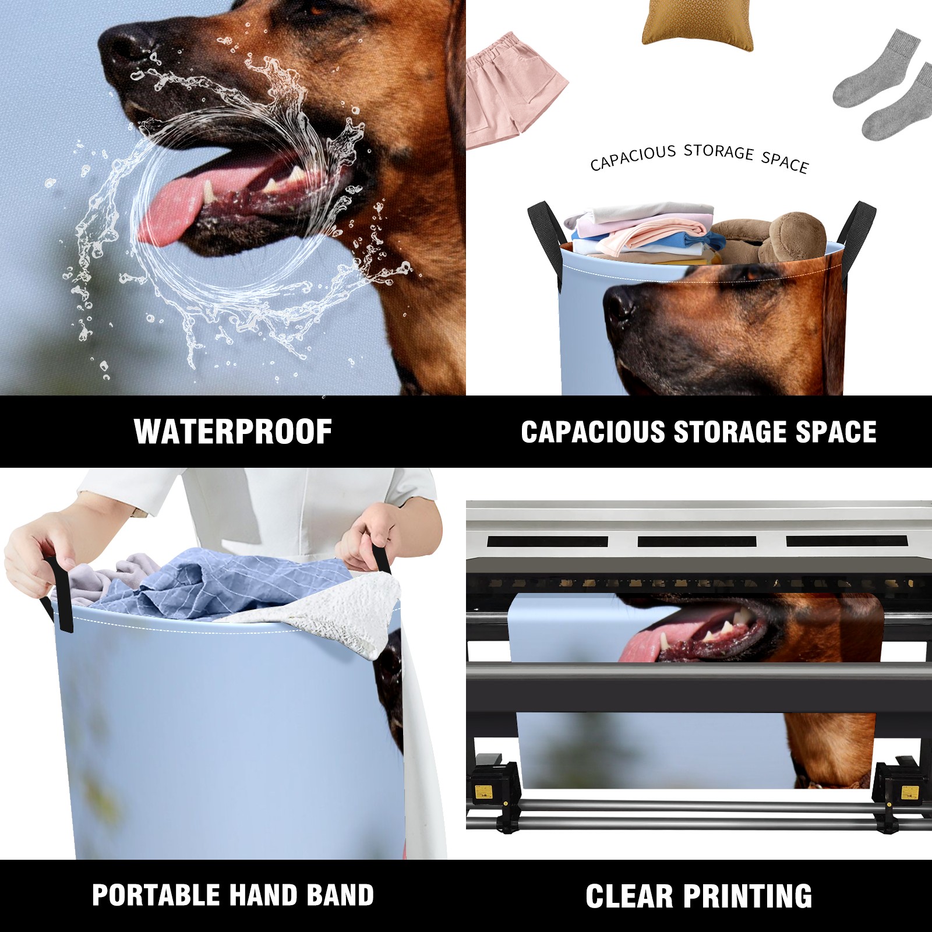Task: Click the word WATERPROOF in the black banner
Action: (233, 432)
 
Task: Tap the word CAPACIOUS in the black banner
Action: (593, 432)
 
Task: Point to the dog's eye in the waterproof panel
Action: (318, 10)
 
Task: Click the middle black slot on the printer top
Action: (697, 541)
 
